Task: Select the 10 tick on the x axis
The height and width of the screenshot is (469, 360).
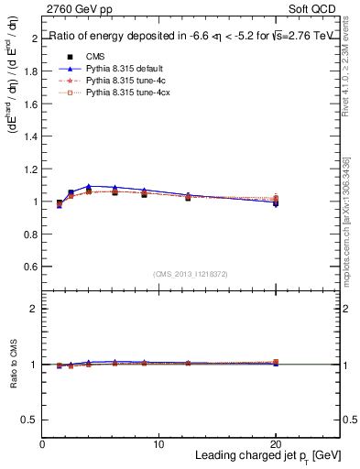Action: (x=159, y=444)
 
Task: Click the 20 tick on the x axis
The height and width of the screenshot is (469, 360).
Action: (x=276, y=444)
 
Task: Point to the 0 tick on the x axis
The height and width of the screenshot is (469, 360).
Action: (x=43, y=444)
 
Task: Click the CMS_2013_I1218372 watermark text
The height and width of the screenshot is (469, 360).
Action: (x=191, y=274)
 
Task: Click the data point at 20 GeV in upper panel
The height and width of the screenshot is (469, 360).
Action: (x=276, y=202)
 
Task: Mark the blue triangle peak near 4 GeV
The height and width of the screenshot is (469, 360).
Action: (x=89, y=186)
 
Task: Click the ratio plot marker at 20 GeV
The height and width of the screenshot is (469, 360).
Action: (x=276, y=363)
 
